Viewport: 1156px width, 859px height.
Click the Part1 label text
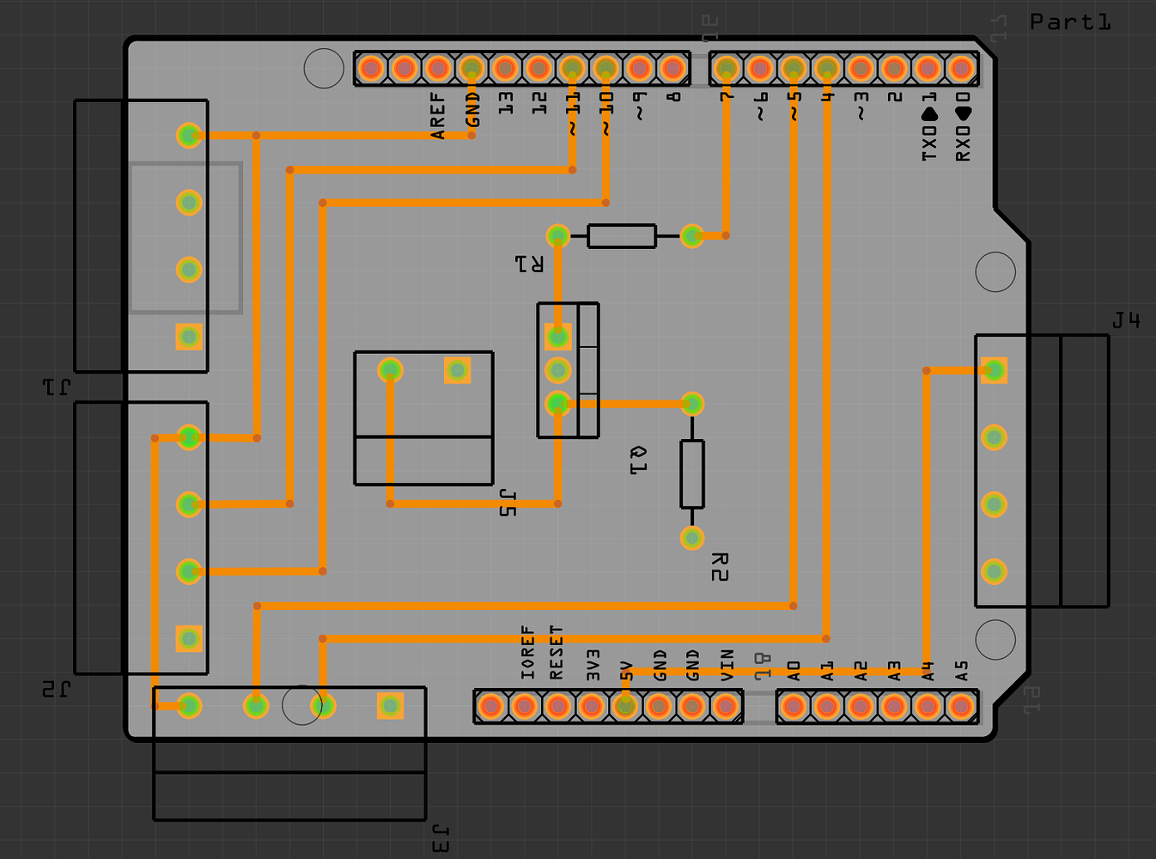(x=1070, y=22)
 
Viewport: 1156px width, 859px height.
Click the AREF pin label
(x=438, y=116)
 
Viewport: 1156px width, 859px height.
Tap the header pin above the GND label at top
(x=472, y=67)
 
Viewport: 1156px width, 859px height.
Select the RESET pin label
(x=557, y=653)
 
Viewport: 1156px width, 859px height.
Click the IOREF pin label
(x=527, y=653)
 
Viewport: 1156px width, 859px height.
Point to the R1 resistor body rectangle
(x=622, y=236)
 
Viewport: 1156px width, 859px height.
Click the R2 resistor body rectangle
(x=692, y=474)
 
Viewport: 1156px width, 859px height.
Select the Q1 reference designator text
(x=638, y=460)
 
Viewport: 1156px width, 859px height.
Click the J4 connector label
(x=1126, y=321)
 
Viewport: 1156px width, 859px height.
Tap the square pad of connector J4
(x=994, y=370)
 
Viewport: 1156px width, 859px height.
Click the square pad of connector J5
(x=457, y=370)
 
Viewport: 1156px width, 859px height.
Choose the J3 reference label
(x=439, y=839)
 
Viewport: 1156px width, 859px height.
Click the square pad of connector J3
(x=390, y=706)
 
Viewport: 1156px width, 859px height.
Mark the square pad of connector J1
(x=189, y=337)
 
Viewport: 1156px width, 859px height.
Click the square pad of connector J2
(x=189, y=638)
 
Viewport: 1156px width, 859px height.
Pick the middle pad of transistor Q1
(x=558, y=370)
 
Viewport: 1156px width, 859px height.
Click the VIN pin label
(x=727, y=665)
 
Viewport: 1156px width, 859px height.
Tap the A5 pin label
(x=962, y=670)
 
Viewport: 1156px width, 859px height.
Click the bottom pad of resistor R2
(x=692, y=538)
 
